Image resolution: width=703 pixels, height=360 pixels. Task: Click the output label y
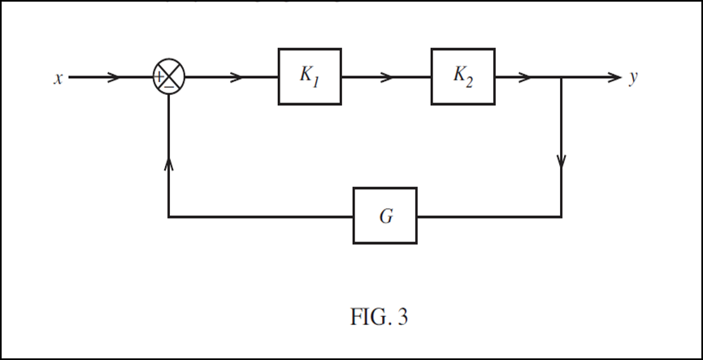tap(633, 79)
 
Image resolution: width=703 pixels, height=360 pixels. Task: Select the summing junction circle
tap(169, 78)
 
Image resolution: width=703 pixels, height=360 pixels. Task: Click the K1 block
tap(310, 77)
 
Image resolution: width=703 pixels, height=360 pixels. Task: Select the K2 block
tap(462, 77)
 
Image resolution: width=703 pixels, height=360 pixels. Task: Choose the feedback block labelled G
tap(384, 216)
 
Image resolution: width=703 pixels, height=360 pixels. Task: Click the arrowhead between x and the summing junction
tap(115, 78)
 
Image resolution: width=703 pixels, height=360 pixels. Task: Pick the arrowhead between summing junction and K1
tap(237, 78)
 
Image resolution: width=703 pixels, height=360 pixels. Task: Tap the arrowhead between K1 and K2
tap(388, 78)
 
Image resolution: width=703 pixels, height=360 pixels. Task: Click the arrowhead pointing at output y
tap(613, 78)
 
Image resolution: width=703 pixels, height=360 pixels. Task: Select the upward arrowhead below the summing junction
tap(168, 163)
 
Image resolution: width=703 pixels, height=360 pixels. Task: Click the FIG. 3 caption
tap(379, 317)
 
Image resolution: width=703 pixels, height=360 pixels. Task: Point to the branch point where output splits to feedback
tap(562, 78)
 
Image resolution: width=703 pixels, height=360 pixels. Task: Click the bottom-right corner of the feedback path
tap(562, 217)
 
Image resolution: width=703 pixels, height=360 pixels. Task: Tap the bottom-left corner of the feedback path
tap(168, 217)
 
